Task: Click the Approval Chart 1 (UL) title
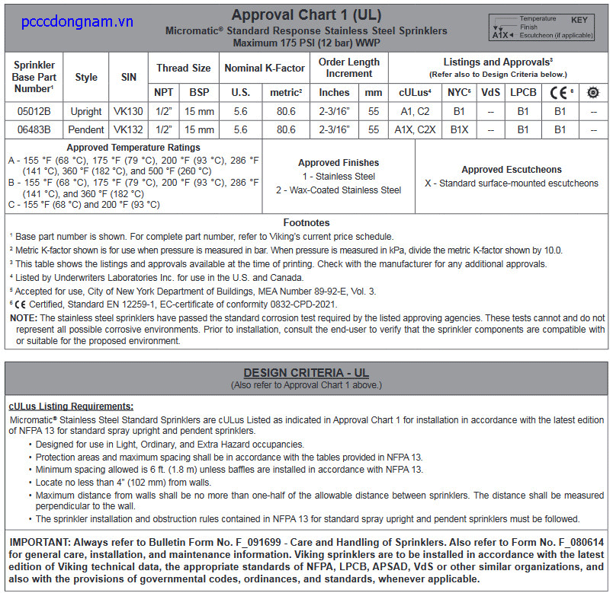pyautogui.click(x=306, y=15)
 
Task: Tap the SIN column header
pyautogui.click(x=129, y=77)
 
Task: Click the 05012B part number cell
pyautogui.click(x=34, y=111)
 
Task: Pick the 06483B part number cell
pyautogui.click(x=34, y=129)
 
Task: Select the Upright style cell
pyautogui.click(x=86, y=111)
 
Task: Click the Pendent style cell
pyautogui.click(x=86, y=129)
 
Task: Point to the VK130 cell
pyautogui.click(x=129, y=111)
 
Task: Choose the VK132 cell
pyautogui.click(x=129, y=129)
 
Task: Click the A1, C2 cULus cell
pyautogui.click(x=416, y=111)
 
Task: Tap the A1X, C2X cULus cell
pyautogui.click(x=416, y=129)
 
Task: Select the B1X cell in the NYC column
pyautogui.click(x=459, y=129)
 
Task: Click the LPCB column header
pyautogui.click(x=523, y=92)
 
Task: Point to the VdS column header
pyautogui.click(x=491, y=92)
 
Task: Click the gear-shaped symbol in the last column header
pyautogui.click(x=593, y=92)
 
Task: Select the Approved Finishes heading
pyautogui.click(x=339, y=163)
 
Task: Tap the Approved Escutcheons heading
pyautogui.click(x=512, y=170)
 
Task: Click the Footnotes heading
pyautogui.click(x=306, y=223)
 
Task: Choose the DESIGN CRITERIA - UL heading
pyautogui.click(x=306, y=373)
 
